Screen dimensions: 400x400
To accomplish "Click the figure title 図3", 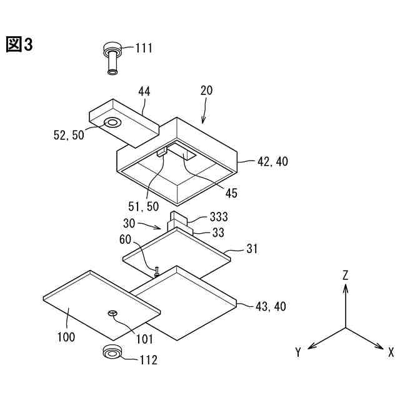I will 19,44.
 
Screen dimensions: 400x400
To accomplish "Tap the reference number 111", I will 143,47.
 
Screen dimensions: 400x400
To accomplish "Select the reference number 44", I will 144,92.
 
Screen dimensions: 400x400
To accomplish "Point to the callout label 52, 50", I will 69,134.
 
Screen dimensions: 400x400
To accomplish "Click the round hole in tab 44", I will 113,123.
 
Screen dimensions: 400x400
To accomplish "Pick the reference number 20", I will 206,91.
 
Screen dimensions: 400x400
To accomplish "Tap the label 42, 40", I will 273,161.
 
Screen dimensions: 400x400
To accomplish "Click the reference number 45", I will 231,194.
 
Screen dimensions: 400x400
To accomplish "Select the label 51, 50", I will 144,206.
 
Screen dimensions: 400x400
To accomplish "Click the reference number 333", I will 219,217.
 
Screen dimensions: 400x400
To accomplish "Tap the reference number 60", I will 126,239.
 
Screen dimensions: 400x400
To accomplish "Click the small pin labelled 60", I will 157,271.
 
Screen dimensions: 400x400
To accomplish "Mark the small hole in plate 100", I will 112,313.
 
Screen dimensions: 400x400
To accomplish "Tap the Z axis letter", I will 346,275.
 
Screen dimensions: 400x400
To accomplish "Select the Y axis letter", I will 299,353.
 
